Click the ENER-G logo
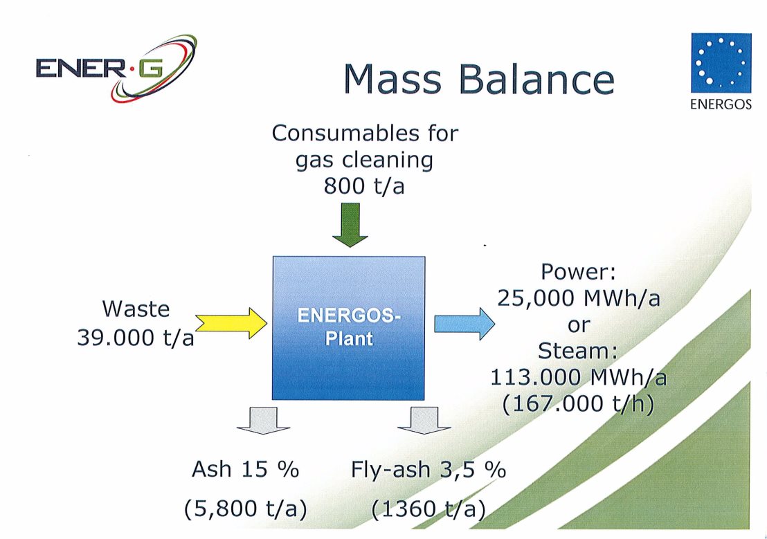point(116,68)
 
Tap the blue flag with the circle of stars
point(721,63)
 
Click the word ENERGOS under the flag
point(721,104)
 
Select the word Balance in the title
point(536,80)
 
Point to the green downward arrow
point(350,225)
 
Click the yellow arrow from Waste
point(231,323)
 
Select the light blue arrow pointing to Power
point(464,323)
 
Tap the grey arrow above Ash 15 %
point(264,420)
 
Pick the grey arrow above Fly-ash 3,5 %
point(424,420)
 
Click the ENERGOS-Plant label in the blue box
point(349,327)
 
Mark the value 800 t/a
point(364,186)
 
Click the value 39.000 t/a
point(136,338)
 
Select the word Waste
point(136,309)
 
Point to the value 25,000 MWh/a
point(579,298)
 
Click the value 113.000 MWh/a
point(579,377)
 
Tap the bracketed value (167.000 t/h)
point(579,404)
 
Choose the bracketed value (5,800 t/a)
point(246,509)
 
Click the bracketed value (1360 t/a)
point(428,509)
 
